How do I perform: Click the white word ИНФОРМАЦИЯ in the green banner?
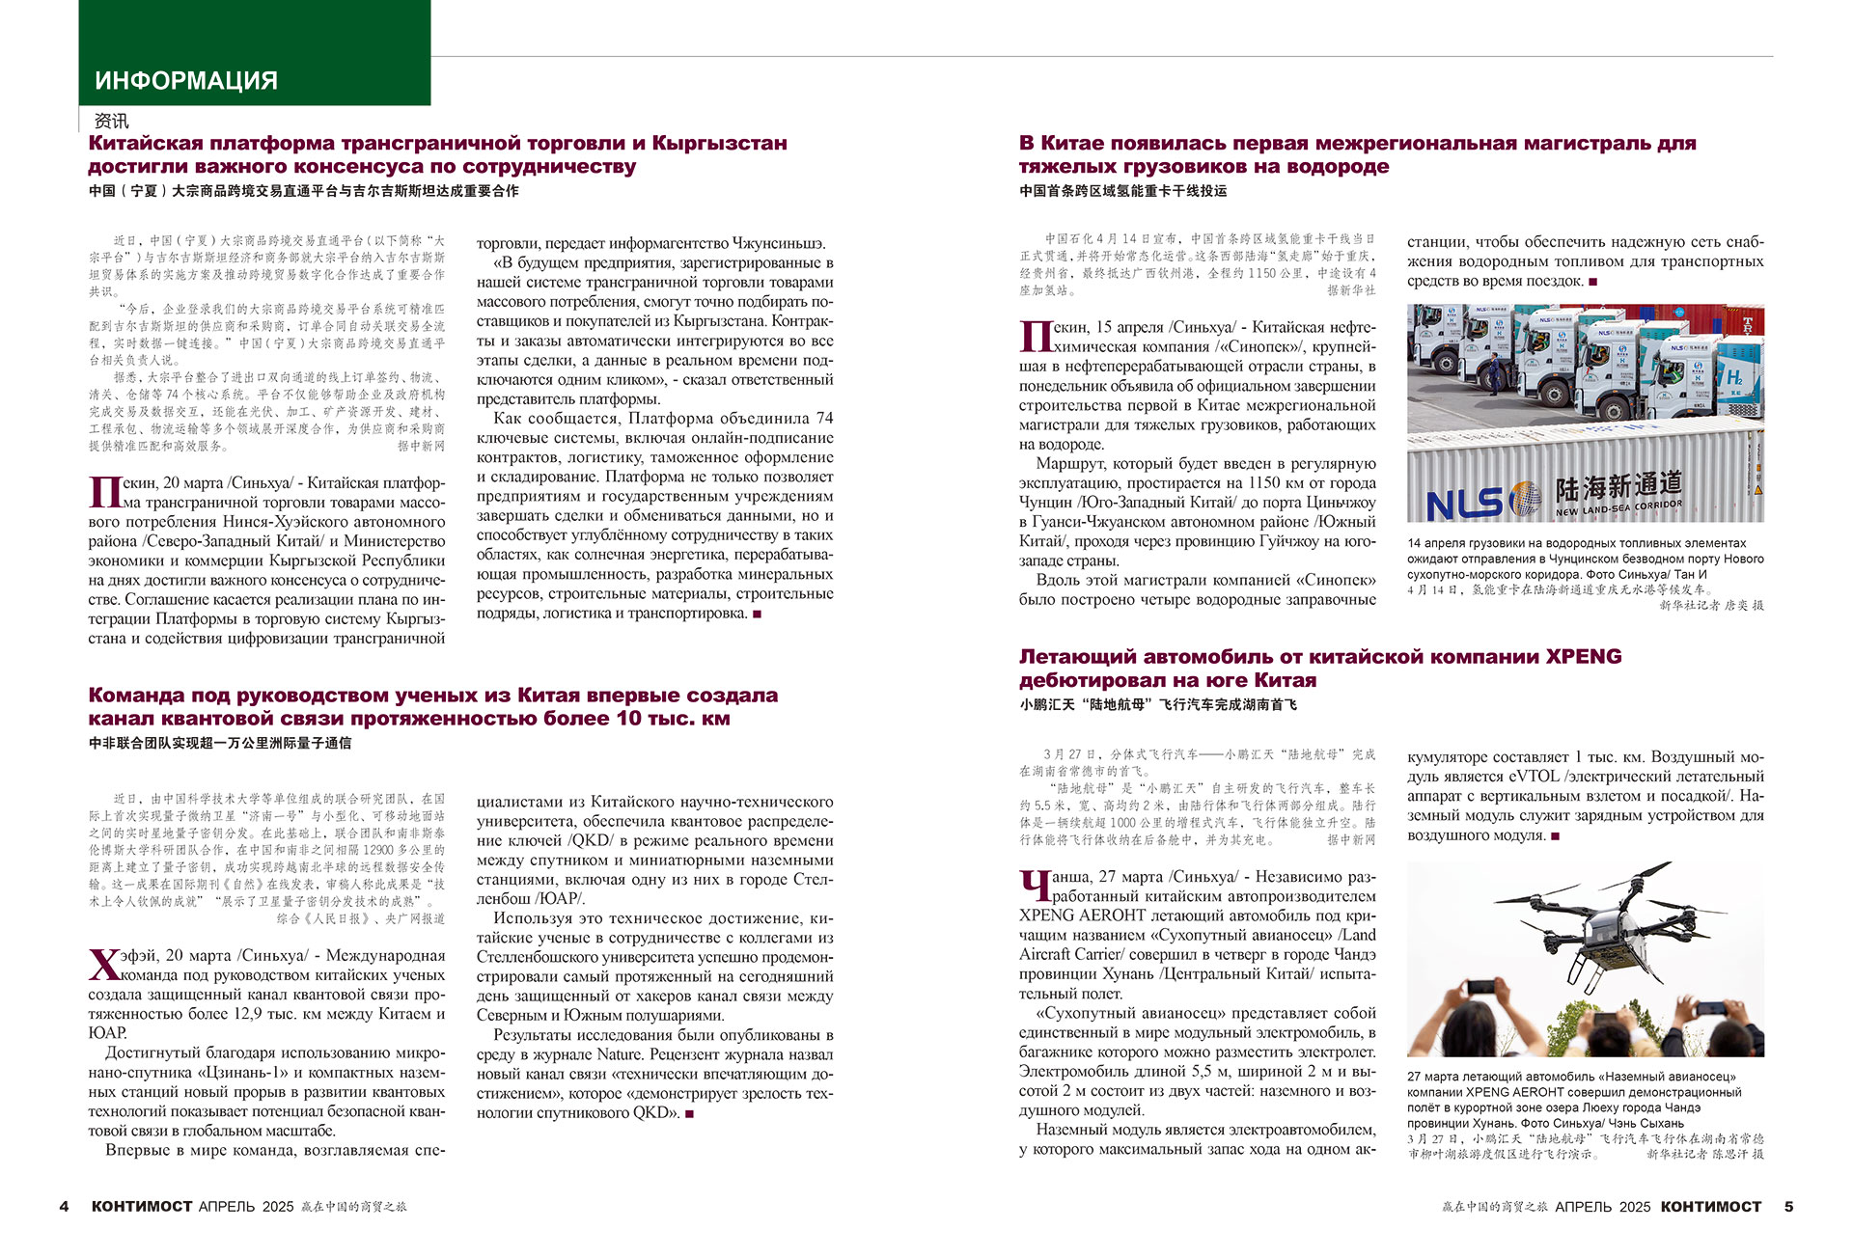(186, 81)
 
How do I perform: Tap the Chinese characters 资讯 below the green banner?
(111, 121)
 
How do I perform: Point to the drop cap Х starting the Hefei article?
(103, 965)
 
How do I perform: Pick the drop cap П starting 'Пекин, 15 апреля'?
(1035, 337)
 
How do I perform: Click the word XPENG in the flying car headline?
(1584, 657)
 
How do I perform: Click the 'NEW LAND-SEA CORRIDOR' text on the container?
(1618, 508)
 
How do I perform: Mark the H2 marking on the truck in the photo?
(1734, 376)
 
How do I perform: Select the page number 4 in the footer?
(65, 1207)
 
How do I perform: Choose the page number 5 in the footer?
(1788, 1207)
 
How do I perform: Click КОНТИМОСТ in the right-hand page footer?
(1711, 1207)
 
